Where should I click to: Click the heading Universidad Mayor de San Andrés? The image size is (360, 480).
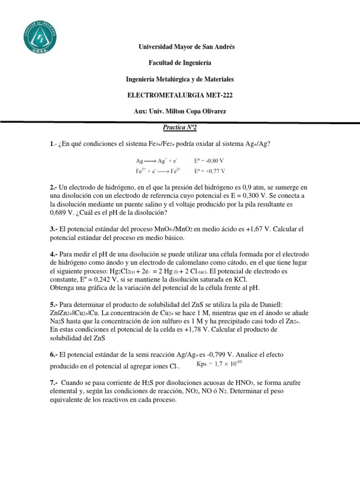point(180,47)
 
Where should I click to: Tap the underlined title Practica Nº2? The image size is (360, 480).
point(180,127)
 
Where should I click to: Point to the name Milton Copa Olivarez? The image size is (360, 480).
point(197,111)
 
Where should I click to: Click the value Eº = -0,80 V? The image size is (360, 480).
point(209,160)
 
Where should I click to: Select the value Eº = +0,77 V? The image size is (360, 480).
point(209,171)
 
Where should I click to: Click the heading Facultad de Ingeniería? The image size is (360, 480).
point(180,63)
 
